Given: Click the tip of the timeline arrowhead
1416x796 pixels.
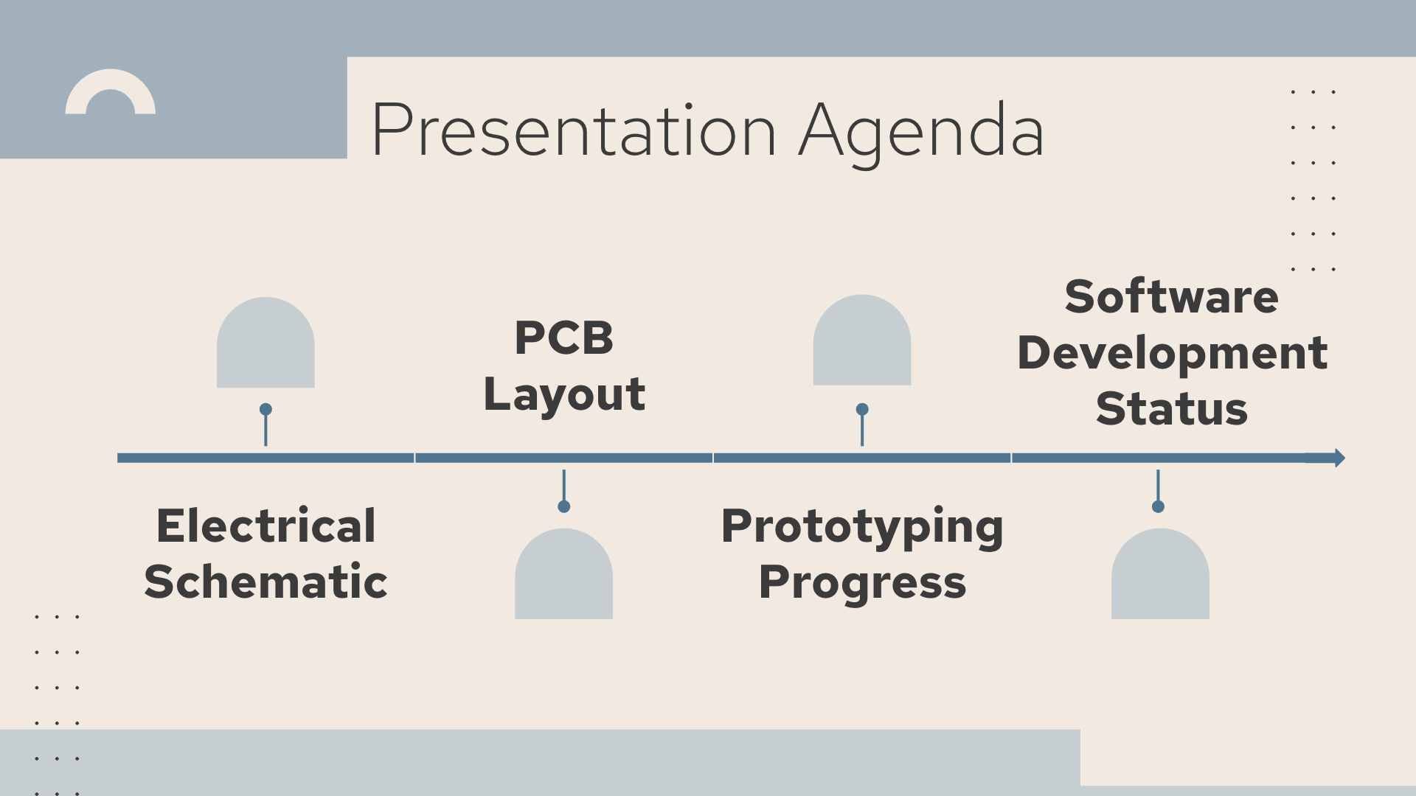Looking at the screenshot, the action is (1345, 458).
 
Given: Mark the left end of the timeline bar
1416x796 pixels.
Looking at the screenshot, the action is (118, 458).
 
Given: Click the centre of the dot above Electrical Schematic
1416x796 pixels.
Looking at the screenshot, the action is (265, 409).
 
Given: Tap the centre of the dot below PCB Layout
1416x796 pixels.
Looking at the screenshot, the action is (564, 506).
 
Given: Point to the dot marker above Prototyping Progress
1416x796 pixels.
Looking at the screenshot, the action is (862, 409).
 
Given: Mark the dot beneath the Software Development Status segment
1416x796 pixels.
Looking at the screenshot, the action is (1158, 506).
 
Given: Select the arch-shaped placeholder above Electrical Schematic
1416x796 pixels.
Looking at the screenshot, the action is (265, 343).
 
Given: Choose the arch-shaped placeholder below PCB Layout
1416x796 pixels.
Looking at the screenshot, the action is (564, 573).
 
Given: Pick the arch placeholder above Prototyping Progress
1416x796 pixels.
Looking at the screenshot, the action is (862, 340).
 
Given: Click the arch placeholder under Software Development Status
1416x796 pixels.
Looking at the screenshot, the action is (1160, 573).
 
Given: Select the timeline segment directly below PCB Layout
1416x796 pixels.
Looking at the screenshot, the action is (564, 458).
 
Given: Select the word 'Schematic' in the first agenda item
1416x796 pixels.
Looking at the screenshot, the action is (265, 582).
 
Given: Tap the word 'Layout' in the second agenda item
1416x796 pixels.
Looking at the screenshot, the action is (564, 395).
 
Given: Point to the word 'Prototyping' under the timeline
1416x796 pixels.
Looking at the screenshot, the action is (862, 528).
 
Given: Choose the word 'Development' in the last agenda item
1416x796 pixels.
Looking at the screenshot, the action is (1172, 354).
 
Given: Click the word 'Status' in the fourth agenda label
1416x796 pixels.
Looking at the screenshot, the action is (1172, 409).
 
